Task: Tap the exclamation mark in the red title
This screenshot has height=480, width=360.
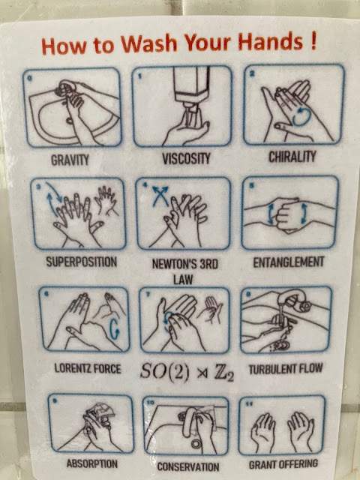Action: (x=313, y=41)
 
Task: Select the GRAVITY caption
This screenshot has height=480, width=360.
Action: (x=70, y=160)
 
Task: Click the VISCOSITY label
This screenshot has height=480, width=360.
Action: (x=186, y=159)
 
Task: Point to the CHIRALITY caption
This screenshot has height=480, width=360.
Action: (x=292, y=157)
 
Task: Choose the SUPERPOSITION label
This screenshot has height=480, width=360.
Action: (x=82, y=262)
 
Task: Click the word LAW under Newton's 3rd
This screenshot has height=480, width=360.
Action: (x=183, y=279)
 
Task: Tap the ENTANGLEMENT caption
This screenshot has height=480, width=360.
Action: (x=288, y=262)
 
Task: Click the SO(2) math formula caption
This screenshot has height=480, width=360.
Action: (x=187, y=372)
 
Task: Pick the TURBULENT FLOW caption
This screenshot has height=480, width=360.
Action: (x=286, y=368)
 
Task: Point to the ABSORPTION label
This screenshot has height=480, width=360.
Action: (x=91, y=463)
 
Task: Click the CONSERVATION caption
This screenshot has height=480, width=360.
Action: (x=188, y=466)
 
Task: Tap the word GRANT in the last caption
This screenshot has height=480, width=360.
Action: (x=263, y=464)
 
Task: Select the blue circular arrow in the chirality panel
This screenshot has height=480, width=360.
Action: (x=301, y=117)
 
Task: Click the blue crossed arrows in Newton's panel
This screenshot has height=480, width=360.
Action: (x=160, y=196)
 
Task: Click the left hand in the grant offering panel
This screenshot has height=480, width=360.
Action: (x=263, y=431)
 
